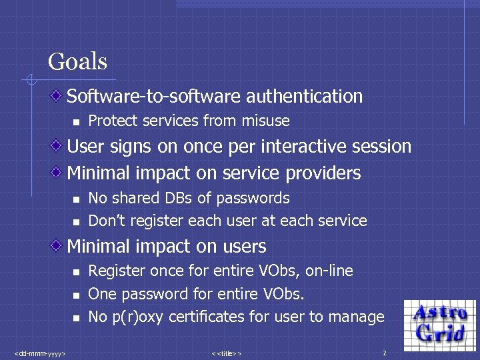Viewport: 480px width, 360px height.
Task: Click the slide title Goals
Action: point(77,62)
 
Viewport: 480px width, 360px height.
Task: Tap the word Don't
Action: point(105,221)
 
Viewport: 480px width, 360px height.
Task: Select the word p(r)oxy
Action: point(138,317)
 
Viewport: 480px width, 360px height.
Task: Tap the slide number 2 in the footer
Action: point(384,352)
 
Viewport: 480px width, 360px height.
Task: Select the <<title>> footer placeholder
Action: point(226,352)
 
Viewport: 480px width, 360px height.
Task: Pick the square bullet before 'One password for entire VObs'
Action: point(77,295)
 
